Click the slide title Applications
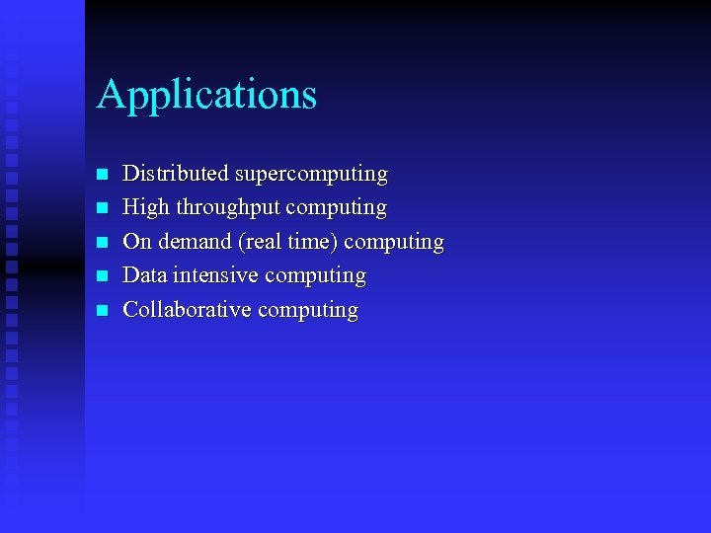(x=206, y=96)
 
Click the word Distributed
(x=162, y=174)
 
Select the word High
(x=145, y=207)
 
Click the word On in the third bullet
(x=135, y=241)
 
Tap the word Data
(x=144, y=275)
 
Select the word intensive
(x=216, y=275)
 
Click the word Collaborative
(x=186, y=309)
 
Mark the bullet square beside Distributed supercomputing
(x=100, y=176)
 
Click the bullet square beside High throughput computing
(x=100, y=209)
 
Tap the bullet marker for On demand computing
(x=100, y=243)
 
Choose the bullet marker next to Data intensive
(x=100, y=276)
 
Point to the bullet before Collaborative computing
(x=100, y=311)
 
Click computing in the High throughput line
(x=337, y=208)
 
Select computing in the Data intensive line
(x=316, y=276)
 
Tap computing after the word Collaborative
(x=308, y=310)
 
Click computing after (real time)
(x=394, y=242)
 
